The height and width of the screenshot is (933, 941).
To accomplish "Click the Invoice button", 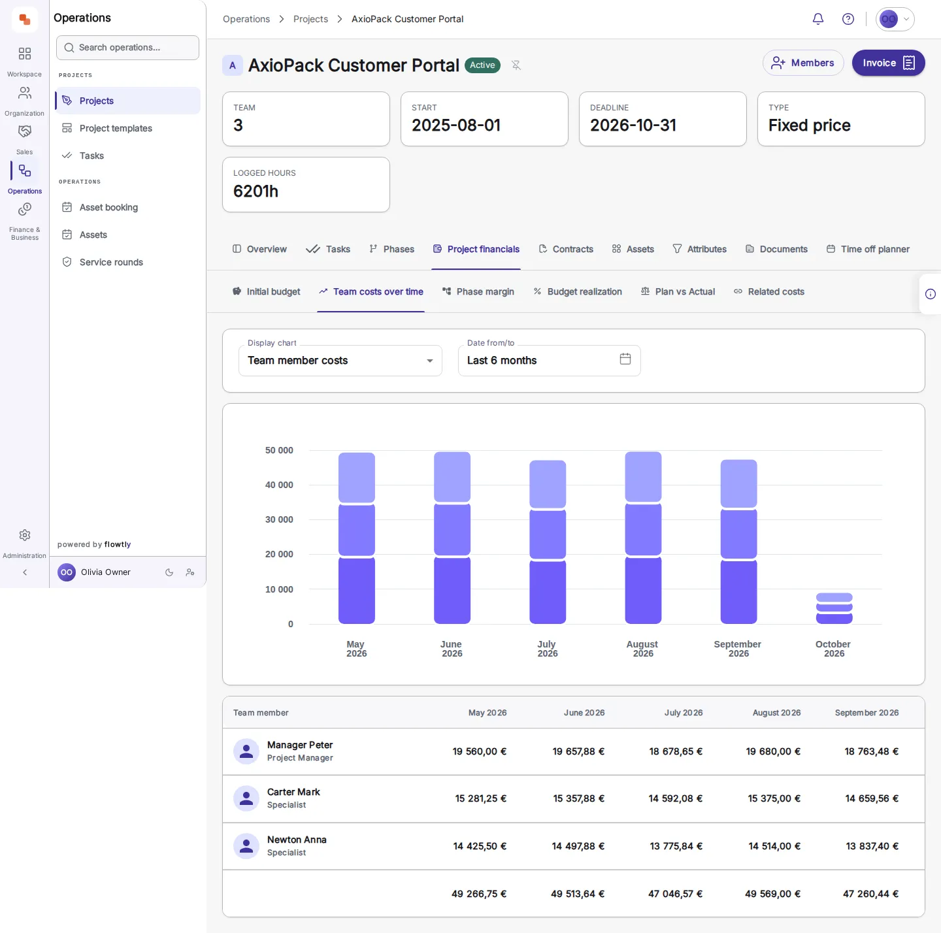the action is pos(888,63).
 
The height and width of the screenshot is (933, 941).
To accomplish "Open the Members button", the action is pos(802,63).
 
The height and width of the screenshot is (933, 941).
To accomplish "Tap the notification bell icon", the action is pos(817,19).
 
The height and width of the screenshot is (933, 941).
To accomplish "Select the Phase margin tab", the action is pos(478,291).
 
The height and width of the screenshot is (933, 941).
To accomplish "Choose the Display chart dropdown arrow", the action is pos(429,361).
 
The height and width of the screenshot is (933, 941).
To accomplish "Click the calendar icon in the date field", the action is pos(625,359).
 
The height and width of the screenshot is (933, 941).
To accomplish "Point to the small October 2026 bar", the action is pos(834,608).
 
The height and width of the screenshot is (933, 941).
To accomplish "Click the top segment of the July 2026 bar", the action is pos(548,484).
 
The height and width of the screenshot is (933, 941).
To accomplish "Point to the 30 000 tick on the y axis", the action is pos(279,519).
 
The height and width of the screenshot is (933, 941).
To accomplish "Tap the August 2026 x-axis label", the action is pos(642,649).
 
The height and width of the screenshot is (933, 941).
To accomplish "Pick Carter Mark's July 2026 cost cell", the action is pos(675,798).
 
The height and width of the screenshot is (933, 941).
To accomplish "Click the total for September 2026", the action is pos(870,894).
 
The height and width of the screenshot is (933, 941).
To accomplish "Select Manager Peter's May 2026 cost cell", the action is pos(479,751).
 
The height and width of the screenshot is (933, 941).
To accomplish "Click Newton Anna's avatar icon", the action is pos(246,846).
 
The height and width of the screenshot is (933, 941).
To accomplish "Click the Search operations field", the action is pos(127,48).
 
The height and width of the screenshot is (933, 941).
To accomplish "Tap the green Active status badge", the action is pos(482,65).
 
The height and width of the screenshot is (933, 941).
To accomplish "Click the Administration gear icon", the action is pos(24,535).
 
